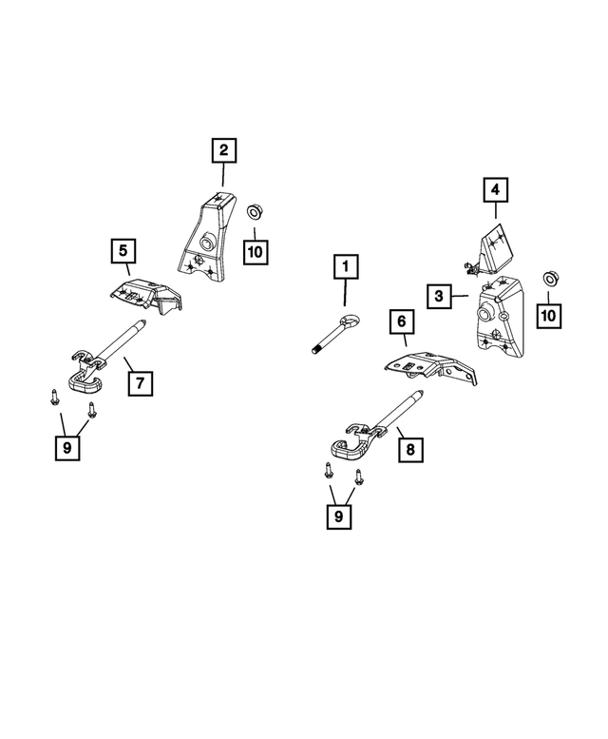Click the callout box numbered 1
pos(346,266)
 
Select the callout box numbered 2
pos(223,150)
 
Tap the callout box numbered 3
pos(439,296)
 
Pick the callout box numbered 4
pos(495,190)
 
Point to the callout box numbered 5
pos(123,251)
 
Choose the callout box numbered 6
pos(402,321)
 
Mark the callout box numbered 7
pos(141,383)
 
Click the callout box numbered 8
pos(410,450)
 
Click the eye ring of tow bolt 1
pos(351,321)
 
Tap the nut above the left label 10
pos(255,211)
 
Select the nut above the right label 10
pos(549,279)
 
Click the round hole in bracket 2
pos(207,243)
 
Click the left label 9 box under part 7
pos(67,448)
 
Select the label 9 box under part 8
pos(339,516)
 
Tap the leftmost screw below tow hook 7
pos(54,397)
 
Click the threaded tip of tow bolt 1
pos(315,350)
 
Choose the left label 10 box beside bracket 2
pos(256,252)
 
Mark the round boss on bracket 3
pos(484,315)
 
